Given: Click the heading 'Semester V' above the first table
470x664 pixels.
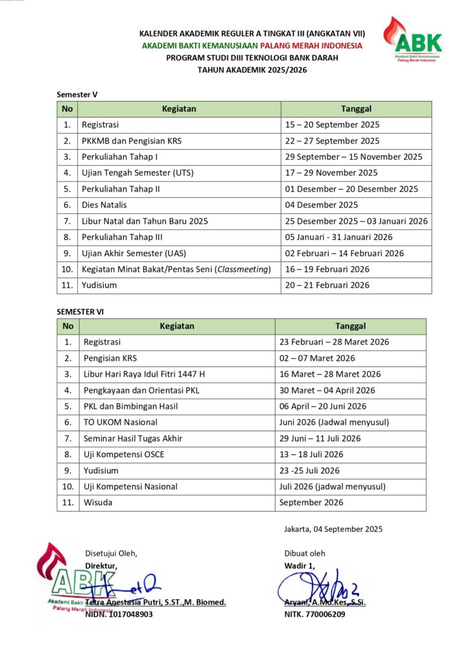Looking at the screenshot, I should click(77, 95).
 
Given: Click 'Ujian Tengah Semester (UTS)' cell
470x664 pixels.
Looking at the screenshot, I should click(137, 173).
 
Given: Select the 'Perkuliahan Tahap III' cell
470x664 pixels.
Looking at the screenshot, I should click(121, 237).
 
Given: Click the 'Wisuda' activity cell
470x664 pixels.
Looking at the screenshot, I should click(97, 503).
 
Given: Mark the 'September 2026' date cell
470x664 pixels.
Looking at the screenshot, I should click(311, 503).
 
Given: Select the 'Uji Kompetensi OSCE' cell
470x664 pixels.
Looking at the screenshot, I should click(124, 455).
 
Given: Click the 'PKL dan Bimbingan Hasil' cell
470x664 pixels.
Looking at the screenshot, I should click(130, 407).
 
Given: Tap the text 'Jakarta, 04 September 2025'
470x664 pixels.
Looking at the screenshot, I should click(333, 529).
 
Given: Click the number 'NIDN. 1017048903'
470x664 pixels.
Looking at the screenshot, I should click(119, 614).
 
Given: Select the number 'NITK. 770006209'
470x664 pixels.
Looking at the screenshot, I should click(314, 614).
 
